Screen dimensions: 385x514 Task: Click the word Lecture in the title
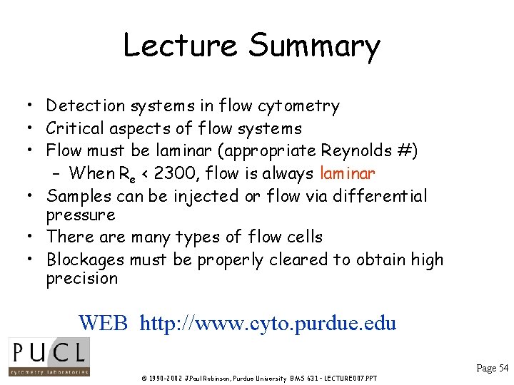pos(180,46)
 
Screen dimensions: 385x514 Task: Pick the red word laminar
pos(348,173)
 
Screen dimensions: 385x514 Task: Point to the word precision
pos(81,279)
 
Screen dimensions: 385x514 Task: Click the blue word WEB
pos(103,322)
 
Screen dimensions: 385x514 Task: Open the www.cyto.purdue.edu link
pos(268,322)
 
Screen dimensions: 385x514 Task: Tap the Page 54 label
pos(492,368)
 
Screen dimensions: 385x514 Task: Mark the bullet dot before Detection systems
pos(25,107)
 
